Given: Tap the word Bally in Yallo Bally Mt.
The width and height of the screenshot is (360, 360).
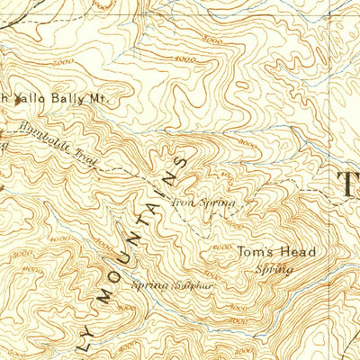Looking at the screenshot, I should tap(64, 99).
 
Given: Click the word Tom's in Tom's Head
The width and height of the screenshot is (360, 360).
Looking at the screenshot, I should tap(255, 253).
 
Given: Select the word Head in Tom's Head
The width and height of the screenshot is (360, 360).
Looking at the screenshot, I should tap(296, 253).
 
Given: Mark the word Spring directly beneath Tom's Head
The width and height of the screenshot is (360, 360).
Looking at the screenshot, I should tap(274, 269).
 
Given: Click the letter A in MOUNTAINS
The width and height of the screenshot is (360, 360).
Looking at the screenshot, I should tap(157, 212).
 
